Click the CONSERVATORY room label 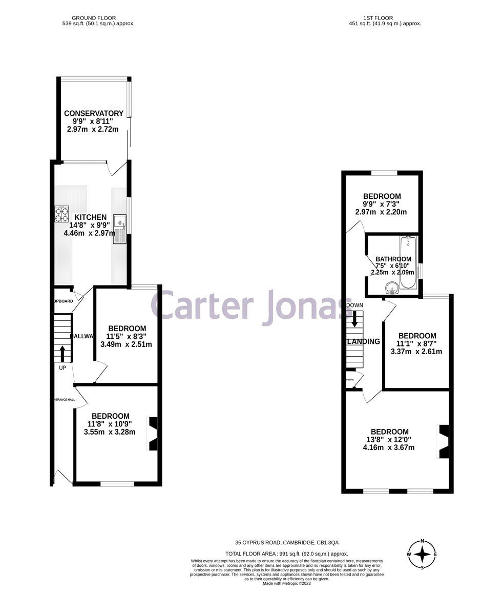coord(93,113)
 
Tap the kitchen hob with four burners coord(62,213)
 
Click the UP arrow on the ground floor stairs coord(62,353)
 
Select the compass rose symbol coord(422,554)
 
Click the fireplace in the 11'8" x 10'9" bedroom coord(153,433)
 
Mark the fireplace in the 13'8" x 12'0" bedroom coord(443,441)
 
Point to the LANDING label coord(363,342)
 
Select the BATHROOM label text coord(393,259)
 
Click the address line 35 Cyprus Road coord(287,542)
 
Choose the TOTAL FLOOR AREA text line coord(287,553)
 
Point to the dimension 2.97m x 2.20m coord(381,212)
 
